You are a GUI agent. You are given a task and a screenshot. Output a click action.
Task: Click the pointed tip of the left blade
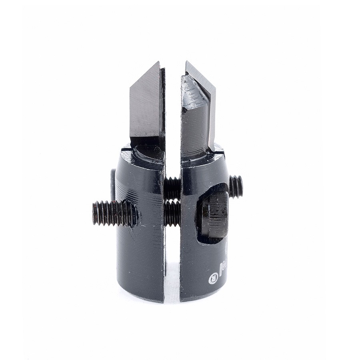point(158,63)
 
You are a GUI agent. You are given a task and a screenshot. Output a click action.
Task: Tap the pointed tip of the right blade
point(187,62)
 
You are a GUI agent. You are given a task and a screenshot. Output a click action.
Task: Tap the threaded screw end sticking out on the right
point(236,186)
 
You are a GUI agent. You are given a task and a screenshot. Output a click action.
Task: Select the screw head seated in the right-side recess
point(214,214)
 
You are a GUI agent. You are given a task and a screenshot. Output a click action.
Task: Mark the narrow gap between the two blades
point(173,104)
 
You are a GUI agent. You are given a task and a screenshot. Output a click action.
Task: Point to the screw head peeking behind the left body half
point(113,184)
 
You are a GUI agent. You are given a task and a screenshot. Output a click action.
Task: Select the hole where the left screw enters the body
point(134,214)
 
